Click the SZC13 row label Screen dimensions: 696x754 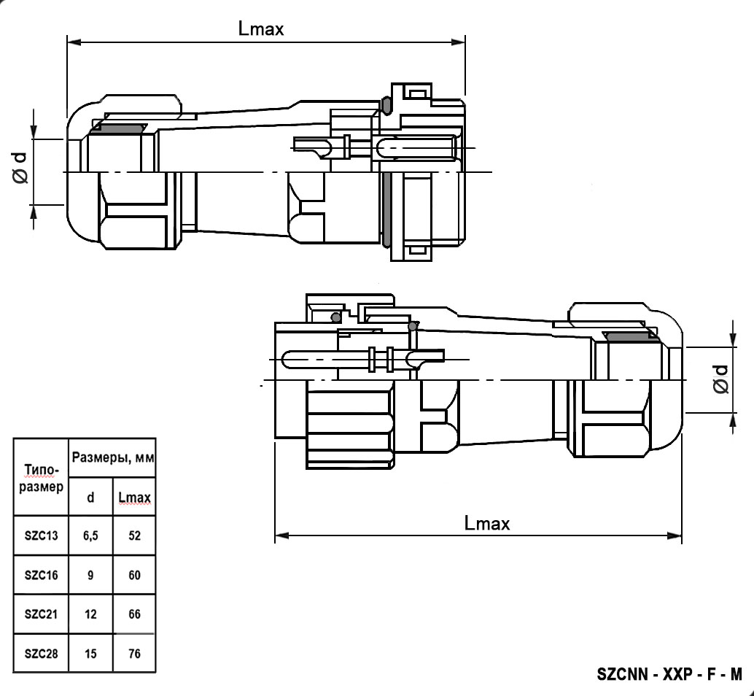click(41, 535)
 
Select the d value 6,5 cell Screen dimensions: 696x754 click(90, 535)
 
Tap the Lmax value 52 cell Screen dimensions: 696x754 click(134, 535)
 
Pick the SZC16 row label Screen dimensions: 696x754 click(41, 575)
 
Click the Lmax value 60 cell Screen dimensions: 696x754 click(134, 575)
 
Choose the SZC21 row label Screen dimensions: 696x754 click(41, 614)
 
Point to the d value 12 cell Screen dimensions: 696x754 click(90, 614)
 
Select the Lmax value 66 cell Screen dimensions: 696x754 click(134, 614)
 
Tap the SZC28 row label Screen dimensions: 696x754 click(41, 654)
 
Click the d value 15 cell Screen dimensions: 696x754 click(90, 654)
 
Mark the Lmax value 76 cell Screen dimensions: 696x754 click(134, 654)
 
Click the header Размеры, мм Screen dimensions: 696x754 click(112, 458)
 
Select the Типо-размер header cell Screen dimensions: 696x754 click(41, 477)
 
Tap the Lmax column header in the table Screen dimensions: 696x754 click(134, 498)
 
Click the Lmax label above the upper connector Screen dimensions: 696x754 click(260, 28)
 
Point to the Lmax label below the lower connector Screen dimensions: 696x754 click(486, 522)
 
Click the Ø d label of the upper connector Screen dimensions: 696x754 click(20, 167)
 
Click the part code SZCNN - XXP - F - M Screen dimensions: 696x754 click(669, 673)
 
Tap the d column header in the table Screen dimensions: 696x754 click(90, 498)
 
